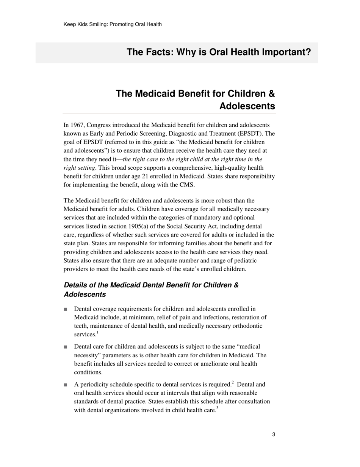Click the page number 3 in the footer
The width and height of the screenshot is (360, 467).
point(274,435)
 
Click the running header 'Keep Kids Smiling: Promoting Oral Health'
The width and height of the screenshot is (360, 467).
point(113,24)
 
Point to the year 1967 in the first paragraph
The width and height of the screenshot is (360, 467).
point(78,125)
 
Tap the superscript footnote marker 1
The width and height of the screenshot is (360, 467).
point(97,333)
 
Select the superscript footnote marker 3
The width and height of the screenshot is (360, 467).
point(218,409)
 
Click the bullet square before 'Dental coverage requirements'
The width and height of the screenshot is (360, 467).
point(66,309)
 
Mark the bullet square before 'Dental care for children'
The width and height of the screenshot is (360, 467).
point(66,347)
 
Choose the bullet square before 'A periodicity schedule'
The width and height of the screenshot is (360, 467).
point(66,385)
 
